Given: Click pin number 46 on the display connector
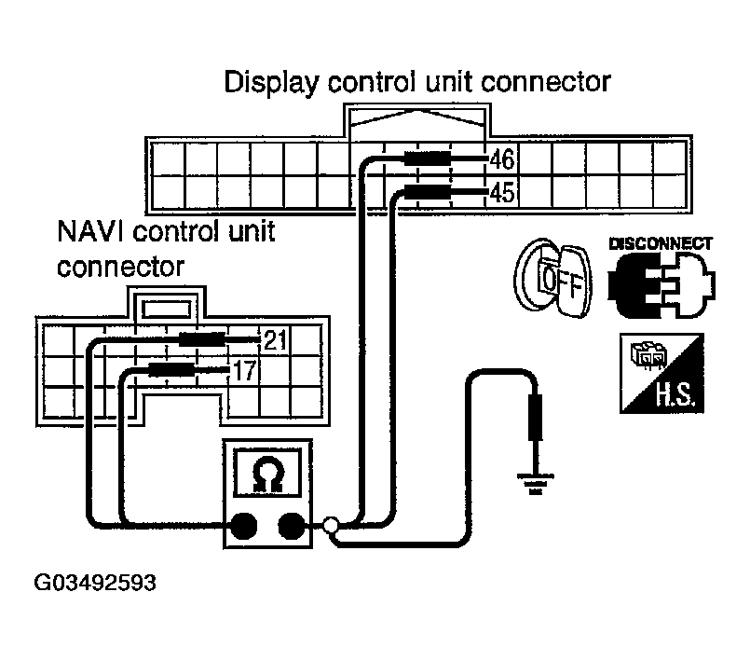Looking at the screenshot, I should [x=503, y=158].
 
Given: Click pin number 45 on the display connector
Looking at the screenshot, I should [x=503, y=193].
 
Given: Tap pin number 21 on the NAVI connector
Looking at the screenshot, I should [x=275, y=340].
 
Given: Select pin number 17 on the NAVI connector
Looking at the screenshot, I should [x=243, y=371].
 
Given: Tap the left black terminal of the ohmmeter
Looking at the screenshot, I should [x=244, y=527].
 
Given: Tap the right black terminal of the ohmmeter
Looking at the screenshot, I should [x=293, y=527].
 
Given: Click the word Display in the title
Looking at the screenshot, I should [x=273, y=82].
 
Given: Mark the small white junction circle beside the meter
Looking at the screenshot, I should [x=329, y=527].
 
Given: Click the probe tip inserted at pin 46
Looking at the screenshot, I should [x=428, y=158].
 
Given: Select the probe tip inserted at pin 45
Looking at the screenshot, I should [x=428, y=193].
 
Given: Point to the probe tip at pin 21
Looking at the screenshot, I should [x=202, y=340].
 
